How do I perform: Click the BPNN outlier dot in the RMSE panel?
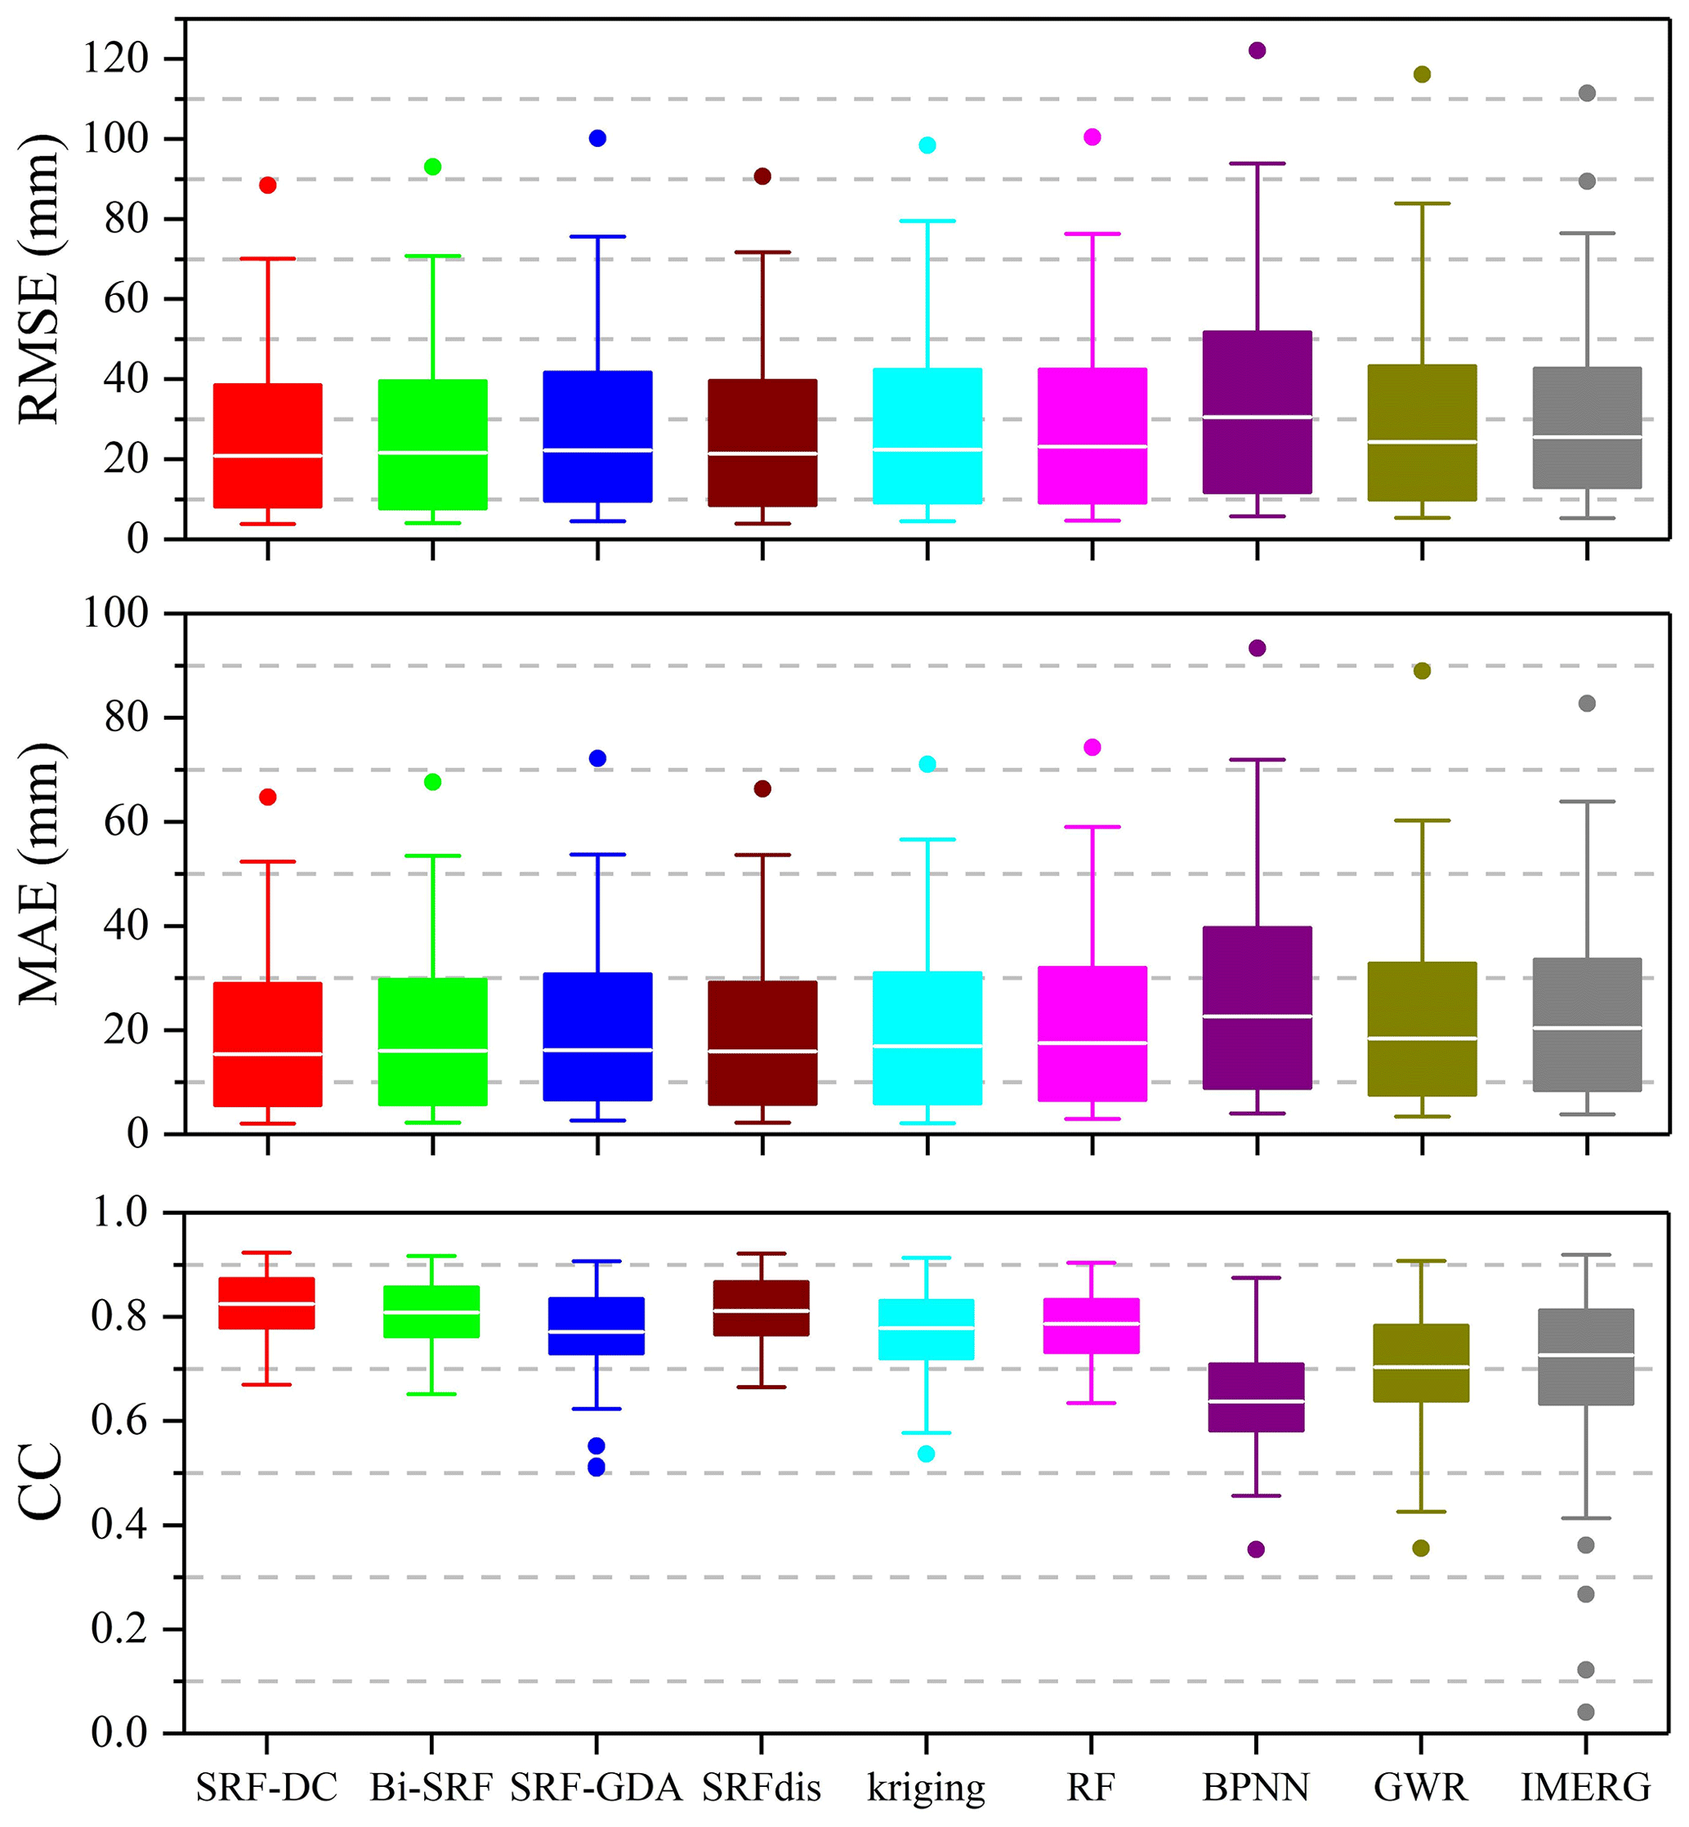click(1257, 51)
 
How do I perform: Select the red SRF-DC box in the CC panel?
click(267, 1302)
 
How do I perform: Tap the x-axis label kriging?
click(926, 1786)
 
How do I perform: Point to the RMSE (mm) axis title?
click(39, 279)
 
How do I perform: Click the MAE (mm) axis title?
click(39, 873)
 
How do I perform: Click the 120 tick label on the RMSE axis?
click(115, 59)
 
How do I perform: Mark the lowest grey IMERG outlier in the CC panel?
click(1586, 1712)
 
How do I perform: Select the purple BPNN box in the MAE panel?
click(1257, 1007)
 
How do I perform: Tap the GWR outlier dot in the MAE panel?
click(1422, 671)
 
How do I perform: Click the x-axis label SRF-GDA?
click(596, 1786)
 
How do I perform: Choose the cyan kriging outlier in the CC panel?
click(926, 1454)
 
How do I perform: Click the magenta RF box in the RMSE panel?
click(1092, 435)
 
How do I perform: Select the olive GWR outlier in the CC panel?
click(1420, 1548)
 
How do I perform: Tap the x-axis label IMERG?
click(1586, 1786)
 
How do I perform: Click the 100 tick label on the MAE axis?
click(115, 614)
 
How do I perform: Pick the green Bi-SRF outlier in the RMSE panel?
click(432, 167)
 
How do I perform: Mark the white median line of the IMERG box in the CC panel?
click(1586, 1355)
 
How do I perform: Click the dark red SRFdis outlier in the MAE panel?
click(762, 788)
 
